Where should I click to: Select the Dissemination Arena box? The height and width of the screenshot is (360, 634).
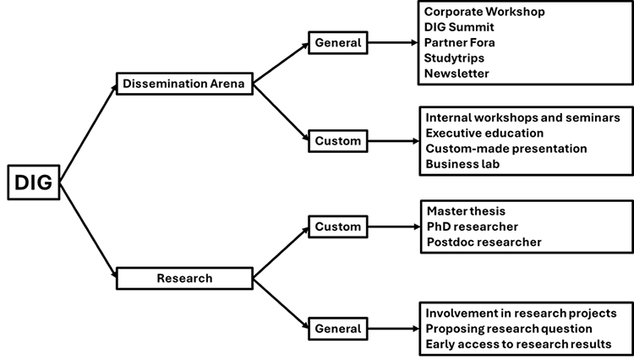(x=184, y=83)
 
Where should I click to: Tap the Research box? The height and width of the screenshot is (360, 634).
(x=184, y=277)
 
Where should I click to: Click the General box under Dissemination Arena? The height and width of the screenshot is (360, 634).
(x=338, y=41)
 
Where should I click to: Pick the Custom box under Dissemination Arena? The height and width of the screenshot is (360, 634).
(x=338, y=140)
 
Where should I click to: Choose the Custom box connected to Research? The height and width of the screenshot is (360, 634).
(x=338, y=226)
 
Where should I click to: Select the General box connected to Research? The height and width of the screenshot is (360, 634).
(x=338, y=329)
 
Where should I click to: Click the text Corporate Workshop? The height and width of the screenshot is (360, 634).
(x=484, y=13)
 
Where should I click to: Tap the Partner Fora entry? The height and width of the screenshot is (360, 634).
(x=460, y=43)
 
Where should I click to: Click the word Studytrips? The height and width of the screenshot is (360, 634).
(x=456, y=58)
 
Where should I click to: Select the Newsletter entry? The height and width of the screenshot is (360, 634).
(x=457, y=74)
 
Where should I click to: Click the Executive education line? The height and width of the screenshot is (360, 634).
(x=484, y=134)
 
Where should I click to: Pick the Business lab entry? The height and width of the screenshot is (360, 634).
(x=464, y=164)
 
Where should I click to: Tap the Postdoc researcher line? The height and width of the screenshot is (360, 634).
(x=484, y=243)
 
